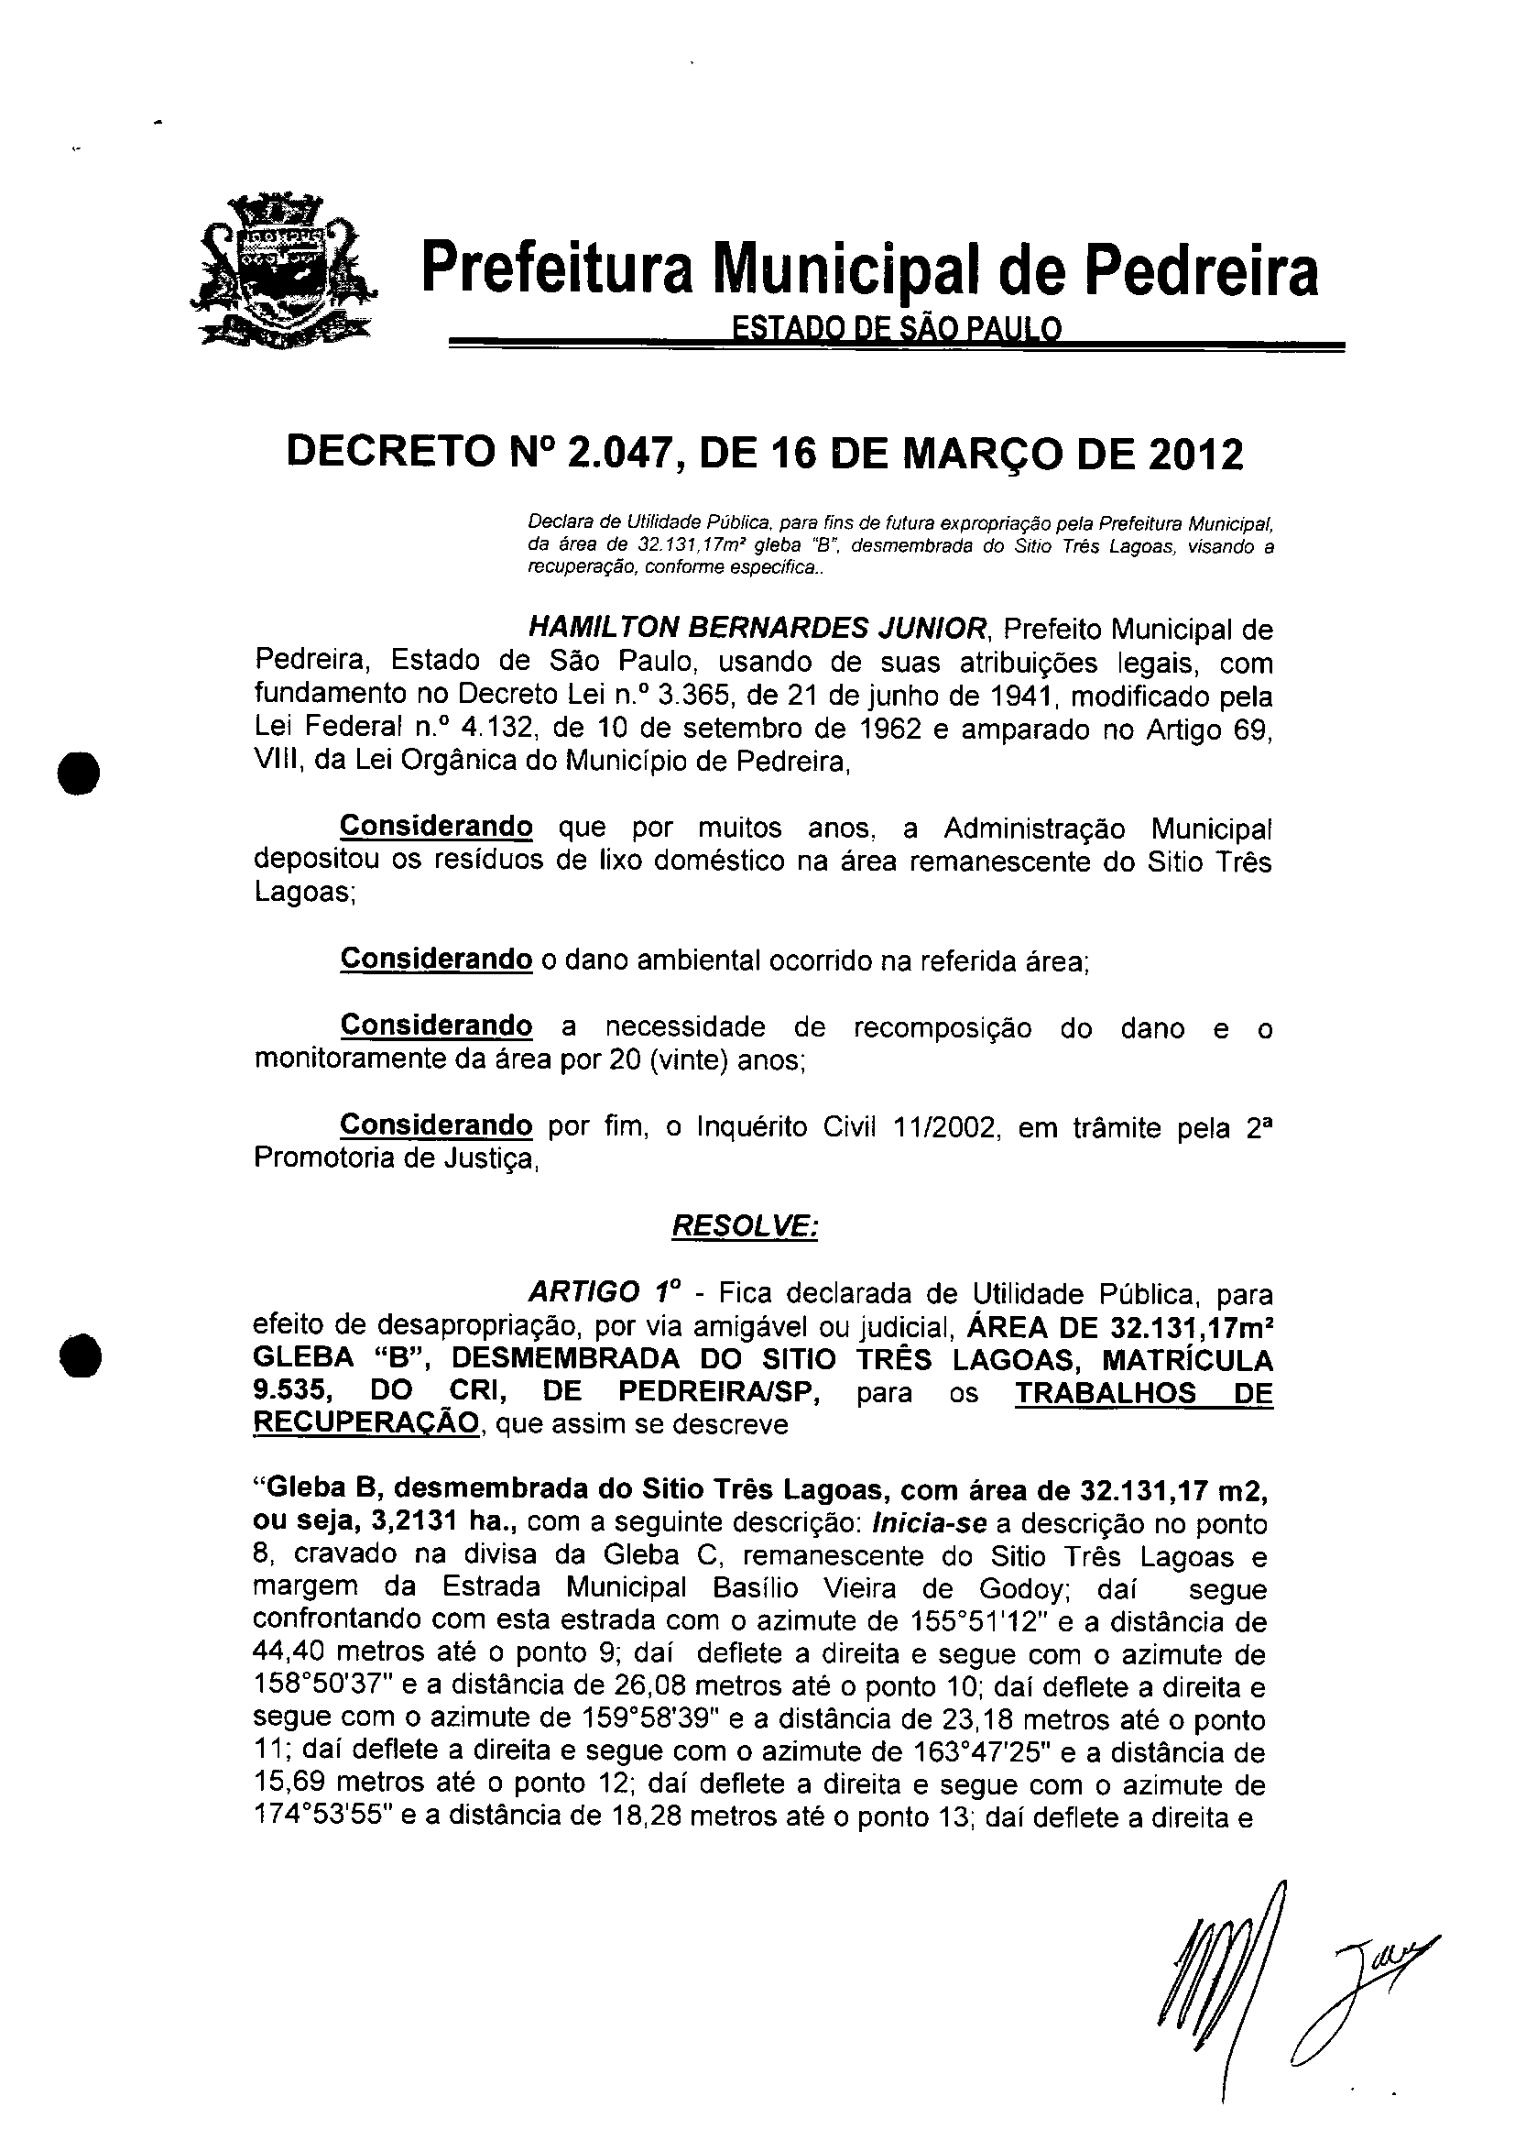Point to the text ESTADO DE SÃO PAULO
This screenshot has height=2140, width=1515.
coord(897,328)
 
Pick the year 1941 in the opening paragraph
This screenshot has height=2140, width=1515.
coord(1025,696)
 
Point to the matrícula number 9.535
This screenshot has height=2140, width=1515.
coord(290,1391)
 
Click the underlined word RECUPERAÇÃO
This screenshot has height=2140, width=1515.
coord(366,1424)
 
